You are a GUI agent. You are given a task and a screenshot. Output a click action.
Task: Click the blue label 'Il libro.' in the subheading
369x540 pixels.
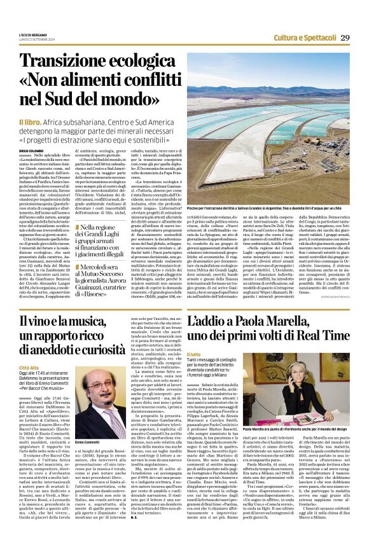tap(31, 120)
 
